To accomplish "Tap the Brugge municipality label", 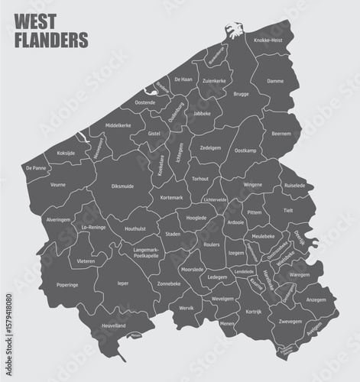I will pyautogui.click(x=242, y=94).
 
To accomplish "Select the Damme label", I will pyautogui.click(x=276, y=80).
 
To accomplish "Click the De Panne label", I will pyautogui.click(x=36, y=167).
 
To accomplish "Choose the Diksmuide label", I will pyautogui.click(x=122, y=185).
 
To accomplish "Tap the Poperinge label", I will pyautogui.click(x=67, y=284).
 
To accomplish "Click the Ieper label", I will pyautogui.click(x=122, y=283).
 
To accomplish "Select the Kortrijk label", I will pyautogui.click(x=255, y=312).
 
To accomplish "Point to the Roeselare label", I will pyautogui.click(x=212, y=244).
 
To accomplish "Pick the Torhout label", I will pyautogui.click(x=200, y=179).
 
